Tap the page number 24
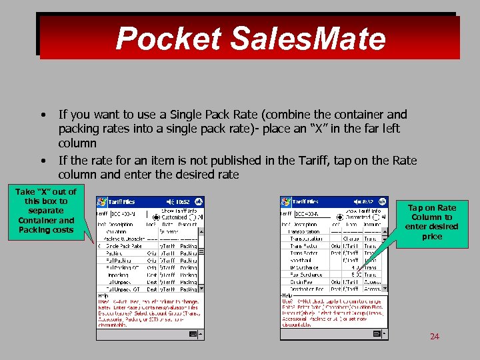point(434,336)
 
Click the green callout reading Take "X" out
point(46,211)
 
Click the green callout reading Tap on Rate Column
point(431,222)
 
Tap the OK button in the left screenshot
point(198,201)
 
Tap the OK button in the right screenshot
point(381,201)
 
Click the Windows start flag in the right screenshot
point(285,201)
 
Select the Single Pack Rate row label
point(123,246)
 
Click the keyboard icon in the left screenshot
point(193,333)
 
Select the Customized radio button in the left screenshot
point(156,217)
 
